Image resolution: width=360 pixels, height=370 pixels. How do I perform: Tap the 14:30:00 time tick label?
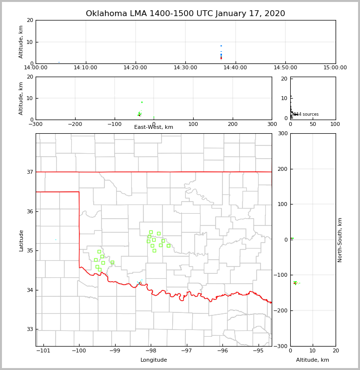point(185,68)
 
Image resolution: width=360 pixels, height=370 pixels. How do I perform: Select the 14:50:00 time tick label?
point(285,68)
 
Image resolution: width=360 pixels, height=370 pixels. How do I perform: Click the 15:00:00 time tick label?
point(335,68)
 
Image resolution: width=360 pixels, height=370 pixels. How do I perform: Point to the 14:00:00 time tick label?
point(36,68)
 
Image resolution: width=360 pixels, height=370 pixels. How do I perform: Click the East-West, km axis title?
point(154,127)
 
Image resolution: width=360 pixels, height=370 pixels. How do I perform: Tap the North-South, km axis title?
point(340,240)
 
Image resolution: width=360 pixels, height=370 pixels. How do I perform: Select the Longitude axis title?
point(154,360)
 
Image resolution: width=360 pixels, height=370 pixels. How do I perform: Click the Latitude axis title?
point(21,240)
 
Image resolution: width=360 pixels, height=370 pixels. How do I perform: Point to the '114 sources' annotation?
point(306,115)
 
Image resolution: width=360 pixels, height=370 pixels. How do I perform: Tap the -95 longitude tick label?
point(258,350)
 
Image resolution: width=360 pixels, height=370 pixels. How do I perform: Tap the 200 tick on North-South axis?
point(282,169)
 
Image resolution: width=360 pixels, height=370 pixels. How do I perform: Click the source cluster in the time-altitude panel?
point(221,54)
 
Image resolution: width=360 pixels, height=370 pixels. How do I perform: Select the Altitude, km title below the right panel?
point(313,360)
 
